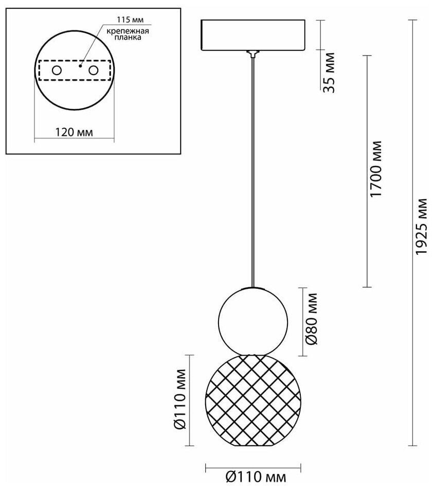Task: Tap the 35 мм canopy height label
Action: pos(329,72)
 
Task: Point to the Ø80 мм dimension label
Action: pos(310,319)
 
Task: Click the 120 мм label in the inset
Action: pos(74,132)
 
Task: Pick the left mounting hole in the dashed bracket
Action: pos(57,70)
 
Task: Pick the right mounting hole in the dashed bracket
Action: pos(93,70)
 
